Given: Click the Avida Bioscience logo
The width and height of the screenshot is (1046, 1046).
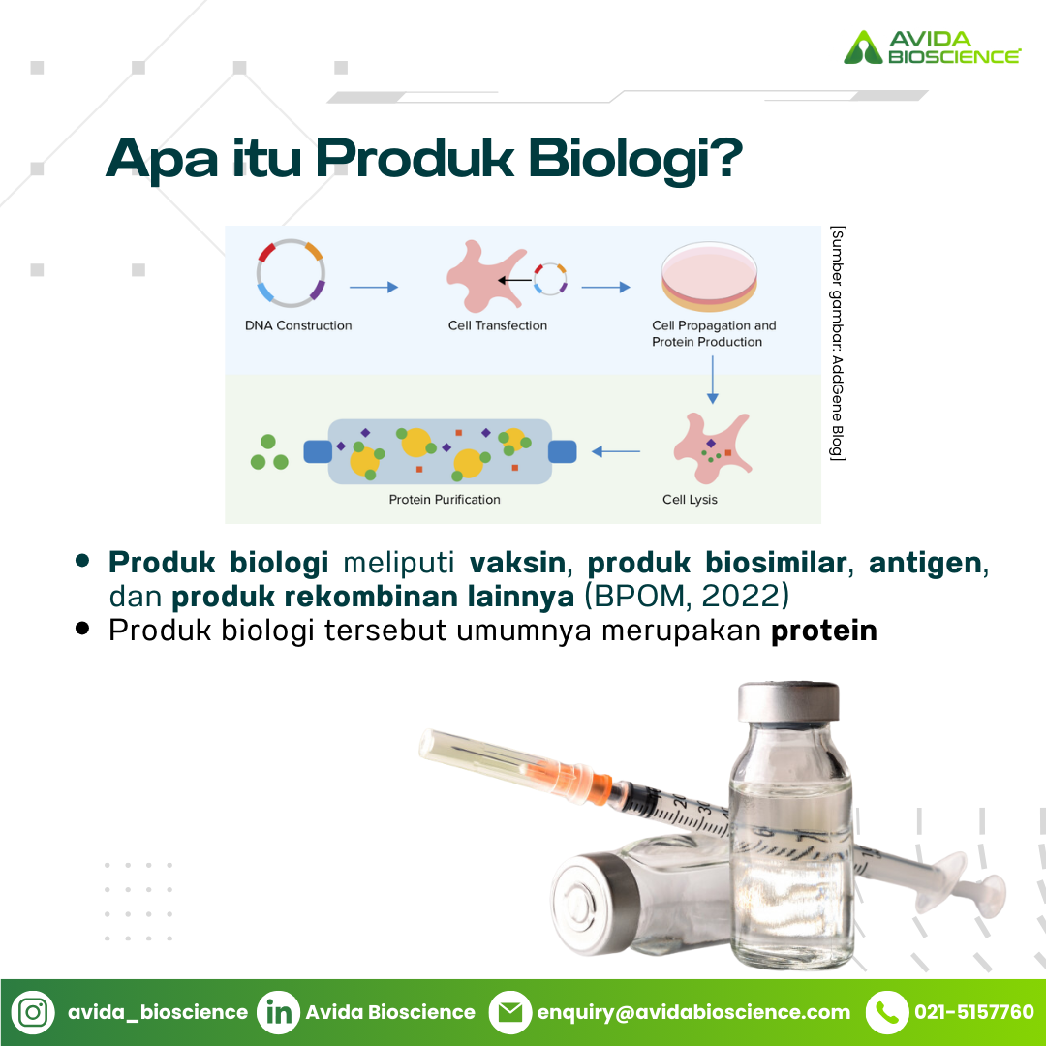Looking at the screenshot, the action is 932,46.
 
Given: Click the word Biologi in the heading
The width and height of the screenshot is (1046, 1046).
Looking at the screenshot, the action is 635,159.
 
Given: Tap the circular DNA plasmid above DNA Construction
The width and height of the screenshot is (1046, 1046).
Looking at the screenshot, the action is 291,273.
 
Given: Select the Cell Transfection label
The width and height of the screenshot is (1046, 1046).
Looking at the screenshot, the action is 498,325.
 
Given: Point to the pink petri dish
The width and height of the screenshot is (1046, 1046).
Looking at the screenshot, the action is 709,276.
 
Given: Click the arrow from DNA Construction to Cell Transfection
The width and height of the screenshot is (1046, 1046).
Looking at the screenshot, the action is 374,288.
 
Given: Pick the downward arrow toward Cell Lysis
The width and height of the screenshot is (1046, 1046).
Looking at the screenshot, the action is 713,380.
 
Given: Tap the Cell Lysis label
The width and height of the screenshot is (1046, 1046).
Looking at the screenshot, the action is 690,500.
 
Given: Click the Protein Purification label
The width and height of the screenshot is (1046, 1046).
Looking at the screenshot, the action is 445,500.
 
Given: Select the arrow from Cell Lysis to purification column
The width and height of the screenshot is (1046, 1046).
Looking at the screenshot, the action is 616,451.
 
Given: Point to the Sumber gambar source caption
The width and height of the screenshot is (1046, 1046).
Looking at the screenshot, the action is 837,343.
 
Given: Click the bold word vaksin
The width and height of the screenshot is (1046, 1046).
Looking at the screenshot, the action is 517,563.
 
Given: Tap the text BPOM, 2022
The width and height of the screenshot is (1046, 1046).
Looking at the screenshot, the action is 687,596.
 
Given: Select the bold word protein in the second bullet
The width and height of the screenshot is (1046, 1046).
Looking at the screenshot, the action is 824,631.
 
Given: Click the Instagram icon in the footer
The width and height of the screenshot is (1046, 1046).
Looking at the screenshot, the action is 33,1012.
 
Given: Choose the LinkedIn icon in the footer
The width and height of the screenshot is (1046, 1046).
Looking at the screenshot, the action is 278,1012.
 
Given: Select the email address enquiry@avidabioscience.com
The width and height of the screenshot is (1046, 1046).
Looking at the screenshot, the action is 693,1013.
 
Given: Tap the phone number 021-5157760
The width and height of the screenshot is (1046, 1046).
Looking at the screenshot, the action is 974,1012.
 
